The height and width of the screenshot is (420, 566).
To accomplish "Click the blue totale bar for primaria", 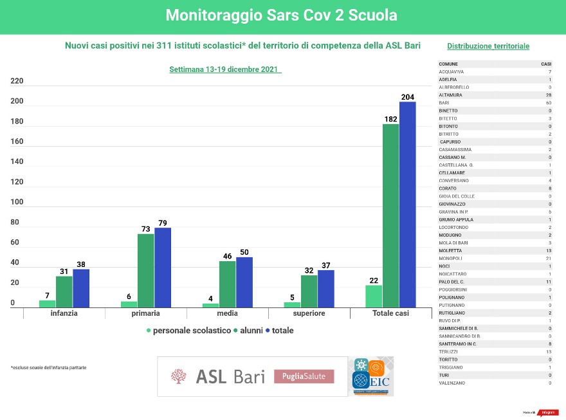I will click(x=163, y=267).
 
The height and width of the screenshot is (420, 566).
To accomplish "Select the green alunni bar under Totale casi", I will click(x=390, y=215).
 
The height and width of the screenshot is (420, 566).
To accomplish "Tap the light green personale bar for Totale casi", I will click(x=374, y=296).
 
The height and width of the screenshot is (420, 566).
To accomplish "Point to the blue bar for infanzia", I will click(x=81, y=288).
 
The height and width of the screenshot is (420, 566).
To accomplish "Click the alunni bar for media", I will click(x=227, y=284).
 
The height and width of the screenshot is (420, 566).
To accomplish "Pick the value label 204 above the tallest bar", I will click(x=408, y=97).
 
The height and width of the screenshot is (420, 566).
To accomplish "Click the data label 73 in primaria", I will click(x=146, y=229).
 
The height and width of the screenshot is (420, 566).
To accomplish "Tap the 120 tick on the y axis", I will click(x=17, y=182).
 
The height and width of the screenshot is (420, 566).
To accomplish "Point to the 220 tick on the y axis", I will click(x=17, y=81).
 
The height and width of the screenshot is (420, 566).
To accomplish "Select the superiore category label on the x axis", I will click(x=309, y=313).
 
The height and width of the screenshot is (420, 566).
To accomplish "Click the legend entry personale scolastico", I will click(x=190, y=331).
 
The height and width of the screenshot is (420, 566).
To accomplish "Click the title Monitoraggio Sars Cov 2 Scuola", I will click(x=282, y=15).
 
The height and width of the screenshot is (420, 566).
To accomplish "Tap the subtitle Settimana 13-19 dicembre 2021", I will click(x=225, y=69).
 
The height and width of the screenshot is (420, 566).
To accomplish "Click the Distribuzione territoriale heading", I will click(x=488, y=46).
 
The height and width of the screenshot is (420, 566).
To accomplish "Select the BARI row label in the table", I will click(x=444, y=103).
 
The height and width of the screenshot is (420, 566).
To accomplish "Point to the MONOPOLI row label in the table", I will click(x=450, y=258).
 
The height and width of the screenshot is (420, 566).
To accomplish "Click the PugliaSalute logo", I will click(x=304, y=376).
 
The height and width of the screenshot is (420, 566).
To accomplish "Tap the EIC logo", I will click(x=371, y=377).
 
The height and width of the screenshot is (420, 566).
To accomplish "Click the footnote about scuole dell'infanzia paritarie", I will click(x=48, y=367).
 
